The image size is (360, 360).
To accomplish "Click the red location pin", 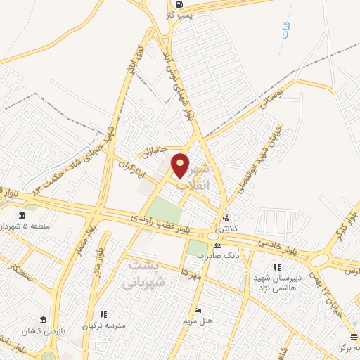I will tap(181, 166).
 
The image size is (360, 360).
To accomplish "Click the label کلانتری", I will tap(226, 229).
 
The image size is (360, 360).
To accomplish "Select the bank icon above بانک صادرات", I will tap(218, 245).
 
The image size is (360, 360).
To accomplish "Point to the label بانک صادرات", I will tap(221, 256).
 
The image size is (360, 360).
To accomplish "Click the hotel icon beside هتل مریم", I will tap(198, 310).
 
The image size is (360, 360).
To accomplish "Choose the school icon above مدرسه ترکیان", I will tap(104, 314).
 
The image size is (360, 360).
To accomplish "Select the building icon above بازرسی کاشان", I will tap(44, 319).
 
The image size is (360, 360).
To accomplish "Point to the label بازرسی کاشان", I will tap(42, 330).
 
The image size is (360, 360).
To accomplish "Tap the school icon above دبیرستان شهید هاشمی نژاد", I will tap(278, 267).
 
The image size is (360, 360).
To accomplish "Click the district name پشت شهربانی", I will tap(143, 274).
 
